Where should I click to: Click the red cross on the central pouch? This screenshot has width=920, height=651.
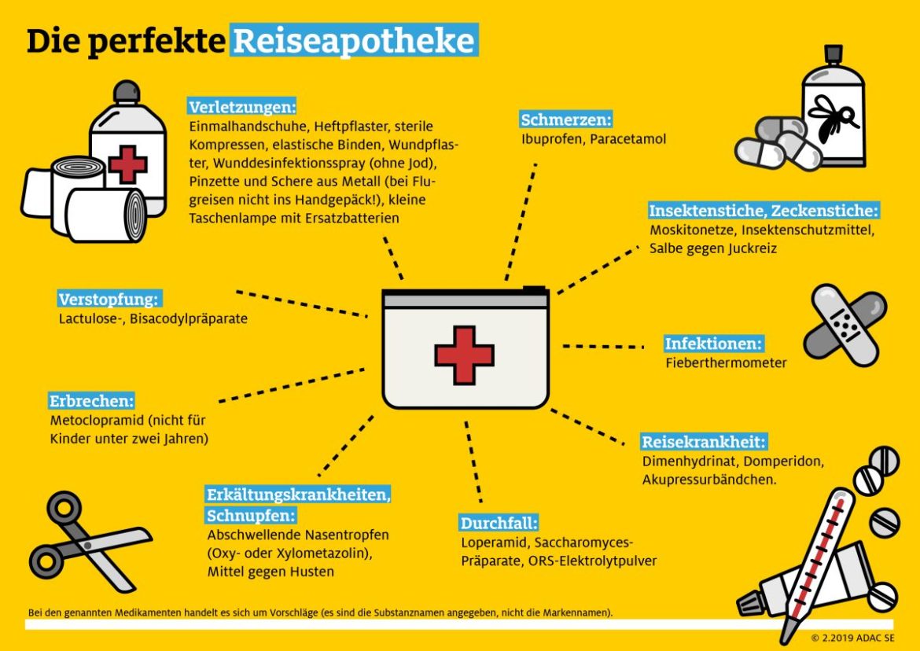(x=464, y=355)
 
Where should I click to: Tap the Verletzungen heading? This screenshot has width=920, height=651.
(x=242, y=106)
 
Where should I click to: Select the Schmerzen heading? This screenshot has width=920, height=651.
(x=566, y=120)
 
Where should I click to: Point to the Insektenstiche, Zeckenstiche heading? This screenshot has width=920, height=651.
(x=764, y=211)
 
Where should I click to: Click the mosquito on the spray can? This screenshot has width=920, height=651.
(x=835, y=119)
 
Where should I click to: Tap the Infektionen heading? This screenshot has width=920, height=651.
(x=714, y=344)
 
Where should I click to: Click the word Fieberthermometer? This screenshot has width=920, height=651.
(x=726, y=363)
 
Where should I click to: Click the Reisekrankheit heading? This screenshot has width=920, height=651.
(x=704, y=441)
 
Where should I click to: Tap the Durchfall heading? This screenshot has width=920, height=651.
(x=499, y=523)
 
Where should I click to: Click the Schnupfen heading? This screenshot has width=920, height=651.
(x=251, y=516)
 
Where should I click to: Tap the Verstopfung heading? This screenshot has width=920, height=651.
(x=109, y=300)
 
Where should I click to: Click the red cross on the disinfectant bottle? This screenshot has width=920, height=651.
(x=127, y=164)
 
